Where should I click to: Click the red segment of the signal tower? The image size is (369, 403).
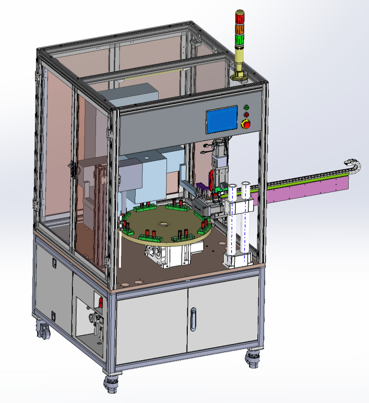[x=240, y=19]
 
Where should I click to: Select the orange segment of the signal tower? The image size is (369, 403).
[x=240, y=29]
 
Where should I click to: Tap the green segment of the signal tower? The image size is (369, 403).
[x=240, y=39]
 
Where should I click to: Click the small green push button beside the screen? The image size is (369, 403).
[x=246, y=108]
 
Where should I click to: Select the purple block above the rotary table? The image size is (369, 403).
[x=202, y=187]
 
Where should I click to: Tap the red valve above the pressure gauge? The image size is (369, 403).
[x=101, y=302]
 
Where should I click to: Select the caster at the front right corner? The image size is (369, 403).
[x=253, y=359]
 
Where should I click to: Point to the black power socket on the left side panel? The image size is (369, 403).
[x=54, y=263]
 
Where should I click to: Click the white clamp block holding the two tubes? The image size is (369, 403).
[x=240, y=207]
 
